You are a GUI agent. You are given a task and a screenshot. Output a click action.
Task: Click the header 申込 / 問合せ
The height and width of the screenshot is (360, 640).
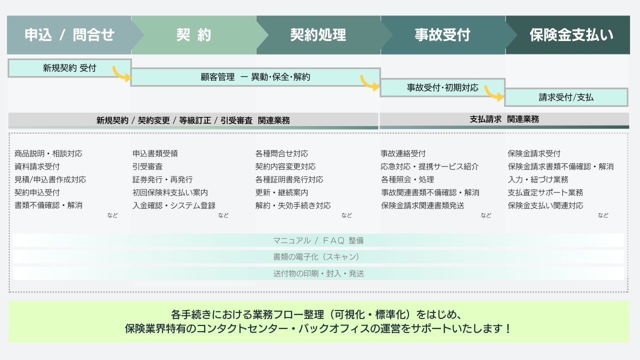(x=69, y=35)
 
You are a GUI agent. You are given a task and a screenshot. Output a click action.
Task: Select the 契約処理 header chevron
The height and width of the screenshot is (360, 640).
(x=318, y=35)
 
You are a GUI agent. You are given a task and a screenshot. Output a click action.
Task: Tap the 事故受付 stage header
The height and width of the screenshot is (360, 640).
(x=442, y=35)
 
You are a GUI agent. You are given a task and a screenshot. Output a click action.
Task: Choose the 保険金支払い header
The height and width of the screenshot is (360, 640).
(x=568, y=35)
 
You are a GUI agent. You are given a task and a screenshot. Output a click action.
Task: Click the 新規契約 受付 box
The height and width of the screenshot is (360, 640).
(x=69, y=68)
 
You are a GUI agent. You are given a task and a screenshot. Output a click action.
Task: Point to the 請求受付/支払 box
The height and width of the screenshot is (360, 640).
(x=566, y=97)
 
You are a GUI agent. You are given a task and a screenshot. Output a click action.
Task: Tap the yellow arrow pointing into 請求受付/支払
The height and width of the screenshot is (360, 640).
(x=494, y=93)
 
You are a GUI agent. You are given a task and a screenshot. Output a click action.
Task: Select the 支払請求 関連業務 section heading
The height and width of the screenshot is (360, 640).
(x=504, y=119)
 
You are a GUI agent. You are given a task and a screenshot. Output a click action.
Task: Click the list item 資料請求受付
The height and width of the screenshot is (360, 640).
(x=37, y=166)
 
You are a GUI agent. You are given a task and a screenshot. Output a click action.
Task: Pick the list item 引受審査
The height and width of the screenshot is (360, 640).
(x=147, y=166)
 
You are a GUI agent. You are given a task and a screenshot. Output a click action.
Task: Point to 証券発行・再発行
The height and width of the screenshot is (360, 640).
(x=162, y=179)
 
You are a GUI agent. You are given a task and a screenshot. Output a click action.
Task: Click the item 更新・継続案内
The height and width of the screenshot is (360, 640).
(x=281, y=192)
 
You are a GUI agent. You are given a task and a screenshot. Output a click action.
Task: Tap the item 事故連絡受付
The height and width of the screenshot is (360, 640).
(x=403, y=153)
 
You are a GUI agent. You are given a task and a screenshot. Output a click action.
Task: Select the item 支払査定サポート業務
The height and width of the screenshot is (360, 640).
(x=545, y=192)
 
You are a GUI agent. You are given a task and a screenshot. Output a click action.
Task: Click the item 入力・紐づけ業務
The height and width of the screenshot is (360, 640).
(x=538, y=179)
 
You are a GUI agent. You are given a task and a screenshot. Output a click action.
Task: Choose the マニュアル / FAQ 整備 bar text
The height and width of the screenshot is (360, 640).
(x=318, y=240)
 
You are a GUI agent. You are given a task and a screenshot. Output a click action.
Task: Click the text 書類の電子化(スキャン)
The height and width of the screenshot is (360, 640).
(x=316, y=257)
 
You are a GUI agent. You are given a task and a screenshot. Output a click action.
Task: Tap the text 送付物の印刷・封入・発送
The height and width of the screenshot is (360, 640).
(x=318, y=273)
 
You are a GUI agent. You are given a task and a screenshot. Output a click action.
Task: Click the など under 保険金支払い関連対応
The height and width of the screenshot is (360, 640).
(x=603, y=215)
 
